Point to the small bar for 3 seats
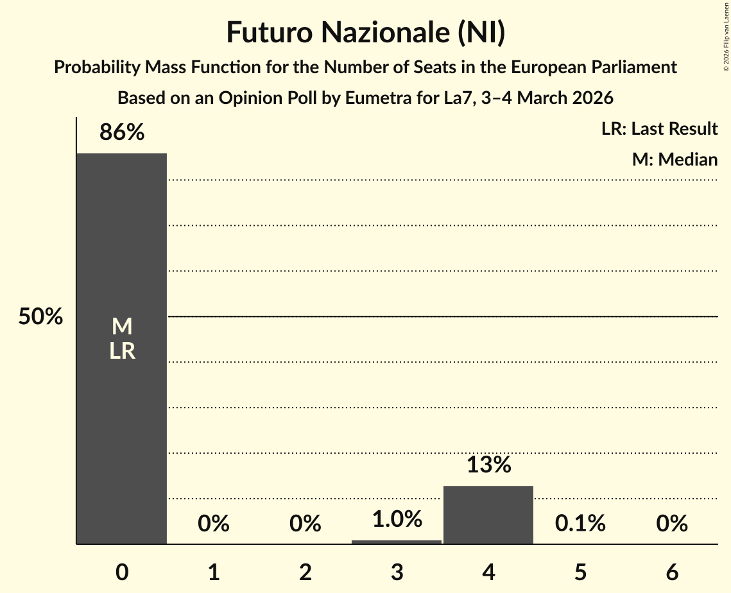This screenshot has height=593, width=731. (x=397, y=542)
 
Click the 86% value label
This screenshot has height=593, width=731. (x=122, y=133)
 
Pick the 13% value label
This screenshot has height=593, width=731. (x=488, y=465)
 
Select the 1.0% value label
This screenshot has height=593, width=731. (x=397, y=519)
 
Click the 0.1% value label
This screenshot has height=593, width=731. (x=580, y=524)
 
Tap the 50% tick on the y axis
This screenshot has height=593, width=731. (x=40, y=317)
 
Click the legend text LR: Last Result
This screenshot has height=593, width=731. (x=659, y=129)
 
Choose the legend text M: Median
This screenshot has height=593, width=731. (x=675, y=160)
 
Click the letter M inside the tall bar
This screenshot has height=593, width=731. (x=122, y=327)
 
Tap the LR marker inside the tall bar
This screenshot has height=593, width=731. (x=122, y=351)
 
